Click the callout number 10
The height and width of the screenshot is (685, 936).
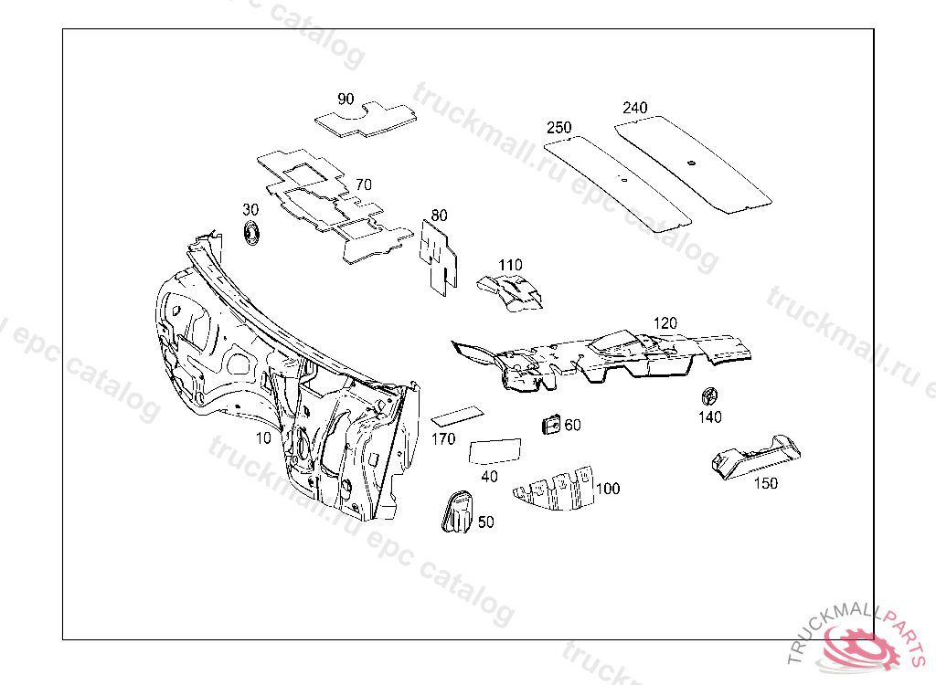(x=263, y=438)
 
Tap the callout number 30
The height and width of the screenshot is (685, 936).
(x=250, y=210)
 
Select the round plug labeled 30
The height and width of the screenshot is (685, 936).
(x=250, y=232)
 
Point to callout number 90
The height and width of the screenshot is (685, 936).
(x=346, y=99)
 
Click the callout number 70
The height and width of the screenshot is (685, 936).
(x=364, y=184)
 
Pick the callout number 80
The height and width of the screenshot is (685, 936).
(x=440, y=216)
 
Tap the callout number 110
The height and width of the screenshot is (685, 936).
(x=510, y=265)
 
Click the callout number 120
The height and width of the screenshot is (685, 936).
(x=665, y=323)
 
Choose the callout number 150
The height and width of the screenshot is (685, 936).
(x=766, y=483)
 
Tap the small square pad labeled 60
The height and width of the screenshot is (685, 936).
(x=551, y=425)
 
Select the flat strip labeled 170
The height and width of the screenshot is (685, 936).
(x=457, y=416)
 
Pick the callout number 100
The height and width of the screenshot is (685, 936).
(x=608, y=489)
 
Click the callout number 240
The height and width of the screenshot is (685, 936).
(x=635, y=108)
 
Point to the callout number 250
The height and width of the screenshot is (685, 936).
(x=559, y=127)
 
